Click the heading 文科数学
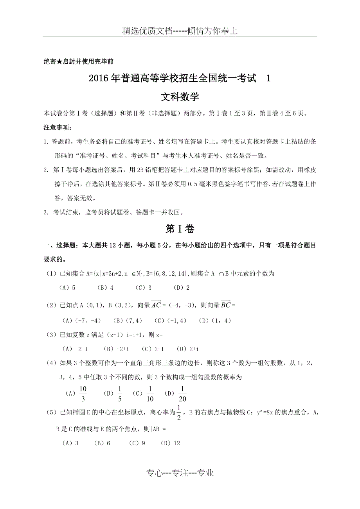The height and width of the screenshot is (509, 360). [180, 97]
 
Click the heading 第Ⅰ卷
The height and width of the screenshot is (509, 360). [180, 229]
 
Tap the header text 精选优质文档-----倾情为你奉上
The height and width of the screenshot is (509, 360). [180, 31]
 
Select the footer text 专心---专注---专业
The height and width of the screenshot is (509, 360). [180, 473]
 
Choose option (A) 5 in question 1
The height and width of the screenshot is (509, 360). [67, 288]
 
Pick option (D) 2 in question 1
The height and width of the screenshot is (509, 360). [182, 288]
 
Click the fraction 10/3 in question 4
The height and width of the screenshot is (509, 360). [83, 393]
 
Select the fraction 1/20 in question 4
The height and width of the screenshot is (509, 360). [182, 393]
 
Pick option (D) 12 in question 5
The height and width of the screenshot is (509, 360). [171, 443]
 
